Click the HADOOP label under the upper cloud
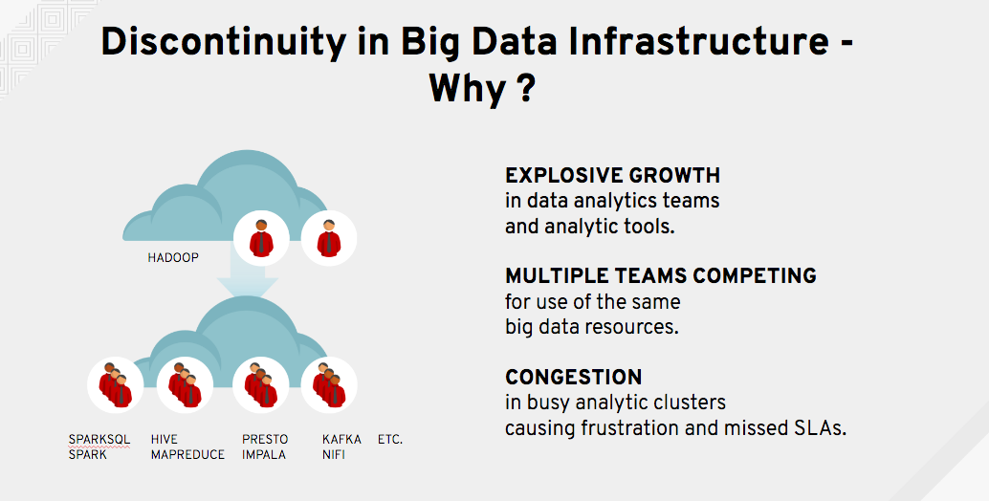[x=173, y=258]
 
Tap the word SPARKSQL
[x=99, y=439]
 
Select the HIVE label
[x=164, y=439]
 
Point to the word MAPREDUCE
[x=187, y=454]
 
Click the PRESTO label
[x=265, y=439]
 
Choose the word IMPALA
[x=264, y=454]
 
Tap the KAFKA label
[x=341, y=439]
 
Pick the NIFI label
[x=333, y=454]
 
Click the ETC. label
[x=390, y=439]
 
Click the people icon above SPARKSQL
[x=116, y=385]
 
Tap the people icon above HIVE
[x=185, y=385]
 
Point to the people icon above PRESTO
[x=260, y=385]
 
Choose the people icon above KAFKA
[x=329, y=385]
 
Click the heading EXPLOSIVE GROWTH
[x=612, y=175]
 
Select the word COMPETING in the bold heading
[x=755, y=276]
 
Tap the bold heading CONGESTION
[x=573, y=377]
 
